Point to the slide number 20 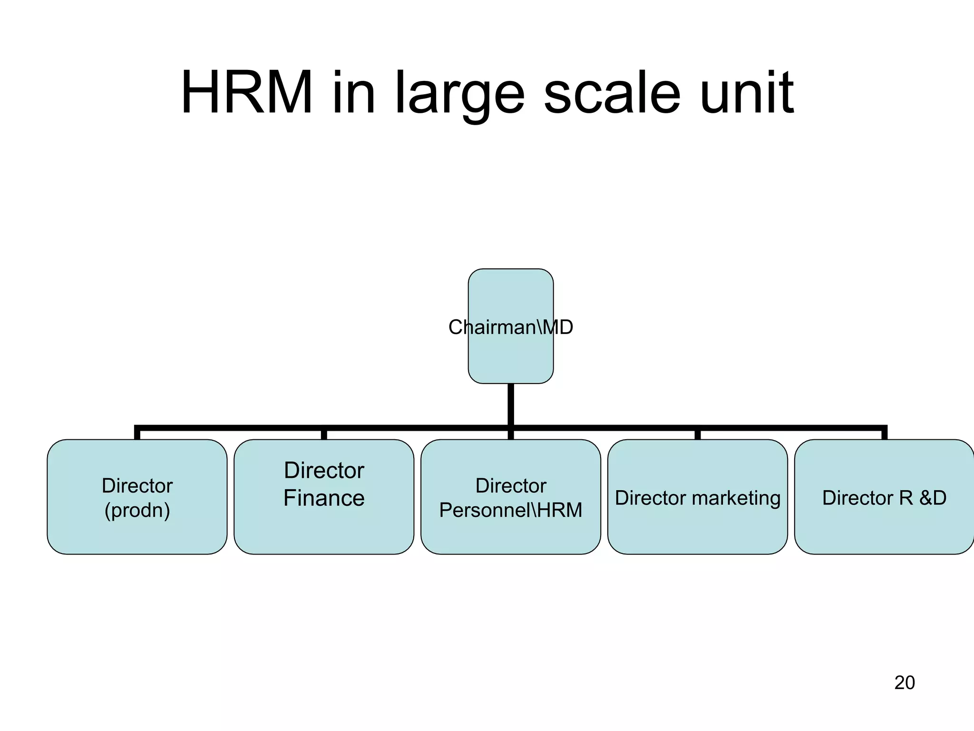pyautogui.click(x=904, y=682)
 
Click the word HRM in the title pyautogui.click(x=247, y=93)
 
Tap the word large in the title pyautogui.click(x=459, y=93)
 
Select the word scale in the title pyautogui.click(x=612, y=93)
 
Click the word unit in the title pyautogui.click(x=747, y=93)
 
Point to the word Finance pyautogui.click(x=324, y=498)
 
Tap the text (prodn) pyautogui.click(x=137, y=510)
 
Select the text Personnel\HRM pyautogui.click(x=510, y=510)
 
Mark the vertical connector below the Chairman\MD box pyautogui.click(x=511, y=405)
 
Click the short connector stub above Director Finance pyautogui.click(x=324, y=434)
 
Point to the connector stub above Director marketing pyautogui.click(x=697, y=434)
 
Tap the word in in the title pyautogui.click(x=354, y=93)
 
